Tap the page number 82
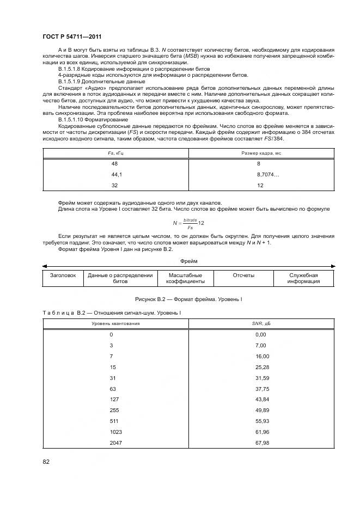[46, 462]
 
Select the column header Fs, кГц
[115, 154]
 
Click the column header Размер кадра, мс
[261, 154]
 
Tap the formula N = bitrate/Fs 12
[188, 223]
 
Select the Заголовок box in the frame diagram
[63, 275]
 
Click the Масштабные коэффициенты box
[185, 279]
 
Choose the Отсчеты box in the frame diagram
[243, 275]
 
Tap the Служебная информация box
[303, 279]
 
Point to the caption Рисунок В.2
[188, 299]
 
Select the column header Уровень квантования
[115, 323]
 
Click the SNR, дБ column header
[261, 323]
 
